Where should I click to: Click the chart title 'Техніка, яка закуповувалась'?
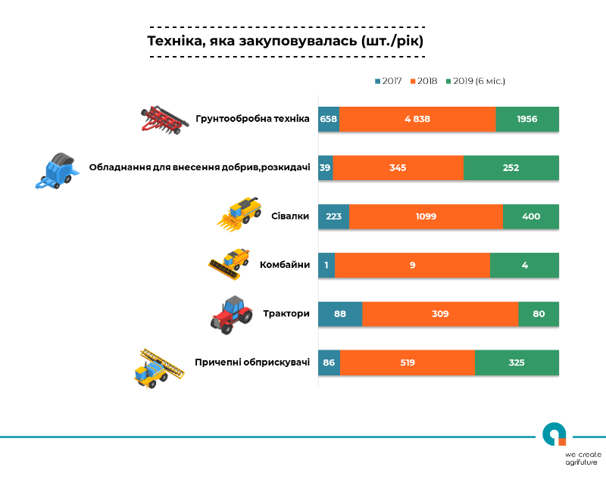click(x=285, y=40)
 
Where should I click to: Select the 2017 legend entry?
click(x=388, y=80)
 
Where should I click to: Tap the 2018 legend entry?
click(x=424, y=80)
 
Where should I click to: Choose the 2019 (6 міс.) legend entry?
click(x=476, y=80)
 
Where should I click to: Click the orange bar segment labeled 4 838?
click(x=417, y=120)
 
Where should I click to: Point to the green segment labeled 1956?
click(x=527, y=120)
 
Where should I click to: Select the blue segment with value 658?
click(x=329, y=120)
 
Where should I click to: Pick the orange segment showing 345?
click(x=398, y=168)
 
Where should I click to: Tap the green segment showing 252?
click(x=511, y=168)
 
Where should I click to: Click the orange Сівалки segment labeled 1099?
click(x=426, y=216)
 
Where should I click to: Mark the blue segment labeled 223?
click(x=333, y=216)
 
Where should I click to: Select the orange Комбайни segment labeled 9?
click(x=413, y=265)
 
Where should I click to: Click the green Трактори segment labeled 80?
click(x=539, y=313)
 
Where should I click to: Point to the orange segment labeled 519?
click(x=408, y=362)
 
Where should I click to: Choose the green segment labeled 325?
click(x=517, y=362)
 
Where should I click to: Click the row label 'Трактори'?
click(x=286, y=313)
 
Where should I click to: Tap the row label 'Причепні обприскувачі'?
click(x=252, y=362)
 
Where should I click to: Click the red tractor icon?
click(x=232, y=314)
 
